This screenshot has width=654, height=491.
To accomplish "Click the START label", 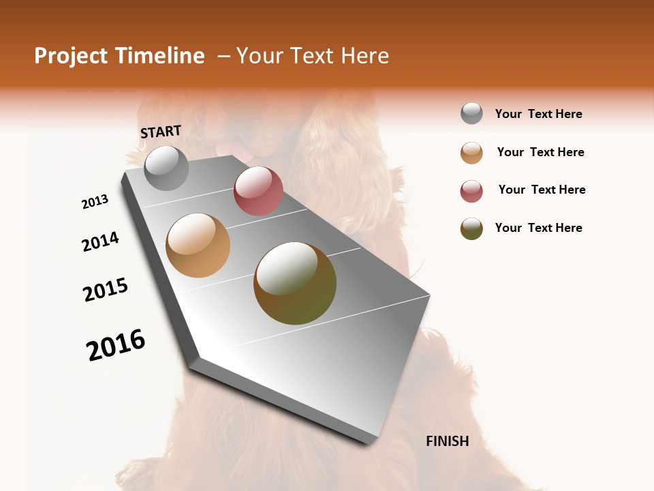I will [161, 132].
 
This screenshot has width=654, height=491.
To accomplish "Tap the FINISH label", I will [448, 441].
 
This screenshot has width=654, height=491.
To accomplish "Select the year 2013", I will [95, 202].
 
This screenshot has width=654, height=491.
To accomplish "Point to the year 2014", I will [101, 242].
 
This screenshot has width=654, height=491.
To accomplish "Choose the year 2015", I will [106, 290].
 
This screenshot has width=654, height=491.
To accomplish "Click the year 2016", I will [116, 344].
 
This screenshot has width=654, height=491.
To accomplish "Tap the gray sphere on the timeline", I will [167, 168].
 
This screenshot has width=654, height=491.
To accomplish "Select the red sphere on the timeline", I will [258, 191].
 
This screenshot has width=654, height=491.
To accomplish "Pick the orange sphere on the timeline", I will [198, 245].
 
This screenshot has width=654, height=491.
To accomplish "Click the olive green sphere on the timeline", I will [295, 283].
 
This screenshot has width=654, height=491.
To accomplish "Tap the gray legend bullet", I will [471, 114].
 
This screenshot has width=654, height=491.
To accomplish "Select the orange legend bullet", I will [471, 153].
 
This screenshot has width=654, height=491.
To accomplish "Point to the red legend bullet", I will [471, 191].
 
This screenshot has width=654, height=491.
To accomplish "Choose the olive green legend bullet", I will [471, 228].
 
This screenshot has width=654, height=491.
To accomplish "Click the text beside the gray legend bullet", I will [538, 114].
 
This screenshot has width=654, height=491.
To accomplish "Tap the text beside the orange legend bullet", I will [540, 152].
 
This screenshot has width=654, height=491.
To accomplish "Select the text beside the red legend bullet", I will [542, 190].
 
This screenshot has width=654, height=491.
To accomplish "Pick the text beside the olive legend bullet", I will [538, 228].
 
